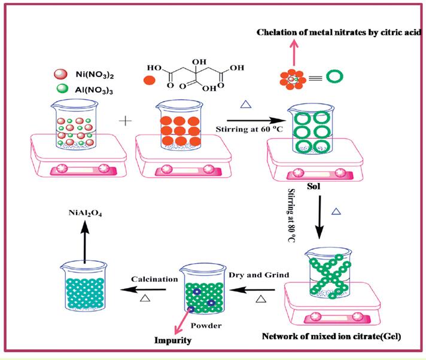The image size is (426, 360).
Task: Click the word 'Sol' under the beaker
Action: point(314,186)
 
